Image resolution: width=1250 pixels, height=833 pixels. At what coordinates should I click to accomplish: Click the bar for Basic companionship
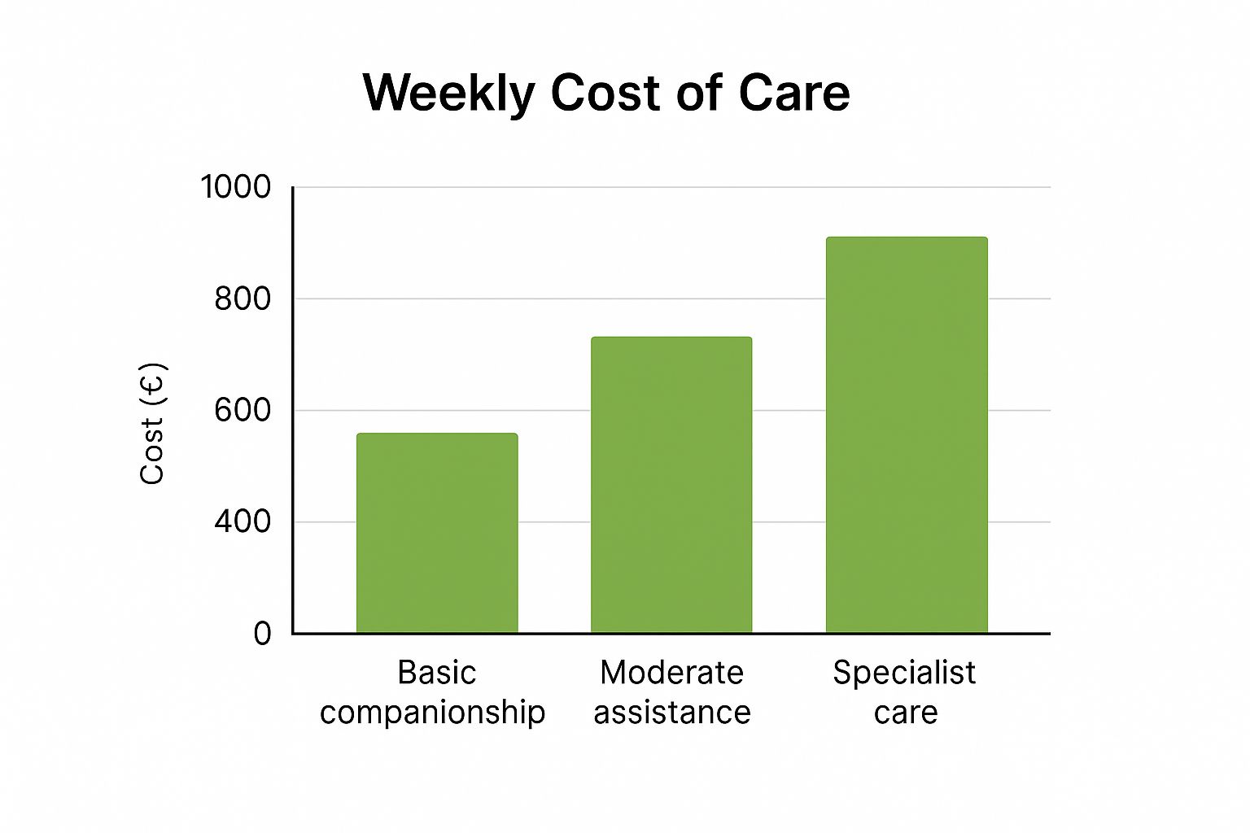[x=437, y=533]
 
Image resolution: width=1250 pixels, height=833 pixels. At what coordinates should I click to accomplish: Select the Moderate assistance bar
[x=671, y=485]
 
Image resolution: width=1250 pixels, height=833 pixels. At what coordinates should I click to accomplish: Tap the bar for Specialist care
[x=907, y=435]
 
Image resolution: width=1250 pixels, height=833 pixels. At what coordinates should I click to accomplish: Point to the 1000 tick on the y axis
[x=236, y=187]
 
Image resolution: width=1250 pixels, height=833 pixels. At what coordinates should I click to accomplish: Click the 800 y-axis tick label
[x=243, y=299]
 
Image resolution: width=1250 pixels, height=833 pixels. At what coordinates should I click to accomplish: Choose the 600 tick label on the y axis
[x=243, y=410]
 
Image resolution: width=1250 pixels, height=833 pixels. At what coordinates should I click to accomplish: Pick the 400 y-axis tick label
[x=243, y=521]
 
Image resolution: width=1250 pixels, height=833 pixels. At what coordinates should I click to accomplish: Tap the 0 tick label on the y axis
[x=262, y=633]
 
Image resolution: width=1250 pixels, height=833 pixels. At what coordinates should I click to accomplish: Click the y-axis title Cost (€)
[x=152, y=423]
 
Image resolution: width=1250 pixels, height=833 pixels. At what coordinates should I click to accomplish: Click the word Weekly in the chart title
[x=448, y=93]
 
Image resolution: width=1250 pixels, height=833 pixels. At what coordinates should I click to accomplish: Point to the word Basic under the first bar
[x=437, y=673]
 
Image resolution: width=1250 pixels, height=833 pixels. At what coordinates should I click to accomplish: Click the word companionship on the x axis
[x=432, y=713]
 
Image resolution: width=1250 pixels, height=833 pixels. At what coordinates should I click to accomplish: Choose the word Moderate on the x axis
[x=671, y=673]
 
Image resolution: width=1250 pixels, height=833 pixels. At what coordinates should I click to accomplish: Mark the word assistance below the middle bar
[x=671, y=713]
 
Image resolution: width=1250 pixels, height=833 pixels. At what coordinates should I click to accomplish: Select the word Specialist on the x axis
[x=904, y=673]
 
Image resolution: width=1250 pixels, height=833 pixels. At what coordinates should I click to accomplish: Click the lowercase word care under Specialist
[x=906, y=713]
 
